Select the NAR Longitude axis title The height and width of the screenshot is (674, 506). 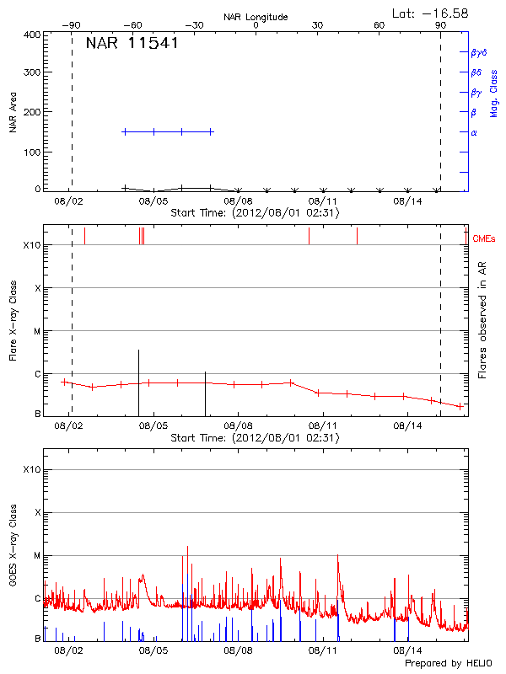point(256,17)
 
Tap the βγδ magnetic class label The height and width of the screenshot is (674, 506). point(478,52)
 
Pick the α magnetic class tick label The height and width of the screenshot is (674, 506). point(474,132)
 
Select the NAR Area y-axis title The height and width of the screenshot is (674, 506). point(13,113)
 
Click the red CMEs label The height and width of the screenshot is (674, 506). point(484,239)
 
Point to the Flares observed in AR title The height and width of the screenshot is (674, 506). point(482,319)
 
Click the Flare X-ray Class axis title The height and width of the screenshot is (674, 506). point(13,319)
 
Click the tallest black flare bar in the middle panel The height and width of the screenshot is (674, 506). point(138,379)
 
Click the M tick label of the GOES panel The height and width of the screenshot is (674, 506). point(36,555)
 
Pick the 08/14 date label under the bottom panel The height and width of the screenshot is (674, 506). point(408,650)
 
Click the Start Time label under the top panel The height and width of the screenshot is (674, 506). point(255,213)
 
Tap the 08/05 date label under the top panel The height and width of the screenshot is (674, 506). point(153,201)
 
